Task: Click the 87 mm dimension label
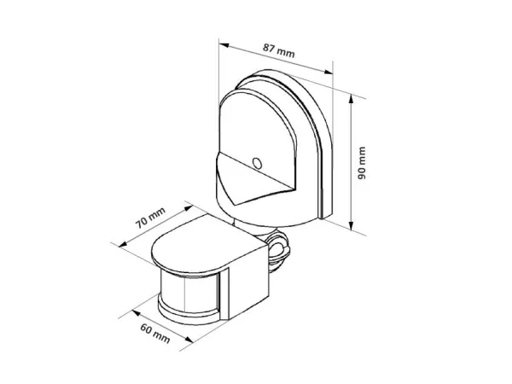pos(279,50)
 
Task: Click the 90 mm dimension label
pos(362,163)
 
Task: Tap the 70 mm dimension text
pos(150,218)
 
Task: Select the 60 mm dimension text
pos(155,334)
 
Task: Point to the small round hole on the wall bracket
pos(258,163)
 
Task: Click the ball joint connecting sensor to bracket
pos(277,249)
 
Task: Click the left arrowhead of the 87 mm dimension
pos(224,45)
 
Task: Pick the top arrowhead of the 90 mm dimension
pos(351,99)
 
